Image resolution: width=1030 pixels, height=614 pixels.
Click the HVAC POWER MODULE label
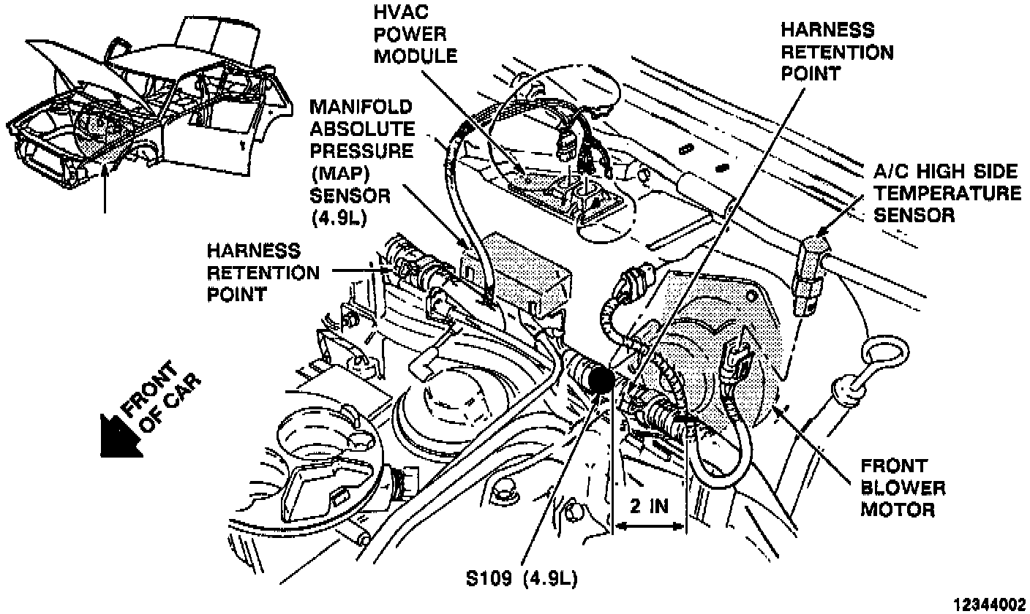pyautogui.click(x=415, y=34)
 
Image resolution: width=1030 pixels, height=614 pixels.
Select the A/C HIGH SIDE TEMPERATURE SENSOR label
pyautogui.click(x=947, y=193)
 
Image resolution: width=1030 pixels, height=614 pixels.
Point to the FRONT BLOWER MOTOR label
pyautogui.click(x=902, y=487)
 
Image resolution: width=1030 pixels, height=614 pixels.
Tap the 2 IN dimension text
pyautogui.click(x=647, y=506)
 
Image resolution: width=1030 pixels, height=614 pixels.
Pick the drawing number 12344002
pyautogui.click(x=992, y=604)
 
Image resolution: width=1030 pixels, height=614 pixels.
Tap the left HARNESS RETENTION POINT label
pyautogui.click(x=263, y=273)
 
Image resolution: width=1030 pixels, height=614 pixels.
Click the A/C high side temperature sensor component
pyautogui.click(x=811, y=275)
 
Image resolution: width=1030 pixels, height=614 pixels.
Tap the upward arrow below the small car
pyautogui.click(x=107, y=190)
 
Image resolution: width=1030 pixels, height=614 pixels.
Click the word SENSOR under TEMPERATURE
pyautogui.click(x=915, y=216)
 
